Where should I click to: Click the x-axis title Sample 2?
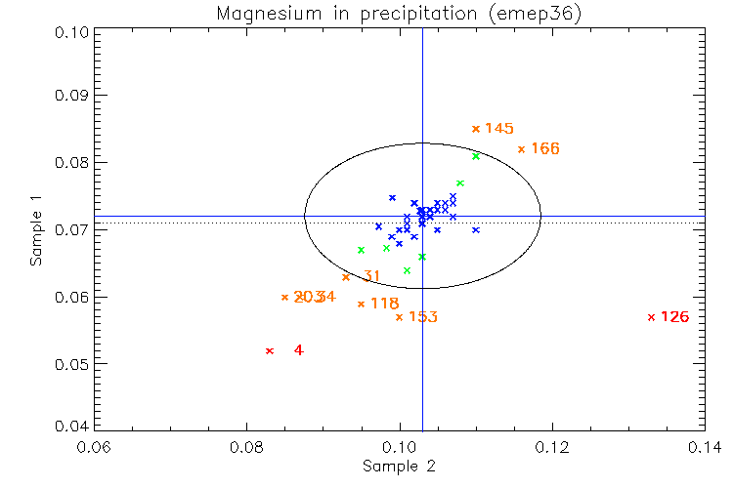click(x=399, y=467)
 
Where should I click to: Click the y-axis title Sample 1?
click(x=36, y=229)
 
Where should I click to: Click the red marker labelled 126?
click(x=651, y=317)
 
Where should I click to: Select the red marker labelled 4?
click(x=269, y=350)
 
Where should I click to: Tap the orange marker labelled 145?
click(x=475, y=129)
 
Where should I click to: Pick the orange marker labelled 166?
click(x=521, y=149)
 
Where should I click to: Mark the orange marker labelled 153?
click(x=399, y=317)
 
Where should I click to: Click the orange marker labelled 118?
click(x=361, y=305)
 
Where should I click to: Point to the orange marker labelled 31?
click(x=345, y=277)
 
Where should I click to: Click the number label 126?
click(x=675, y=317)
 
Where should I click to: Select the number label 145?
click(x=499, y=129)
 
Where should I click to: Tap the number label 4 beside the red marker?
click(x=298, y=350)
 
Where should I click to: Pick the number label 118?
click(x=385, y=305)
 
